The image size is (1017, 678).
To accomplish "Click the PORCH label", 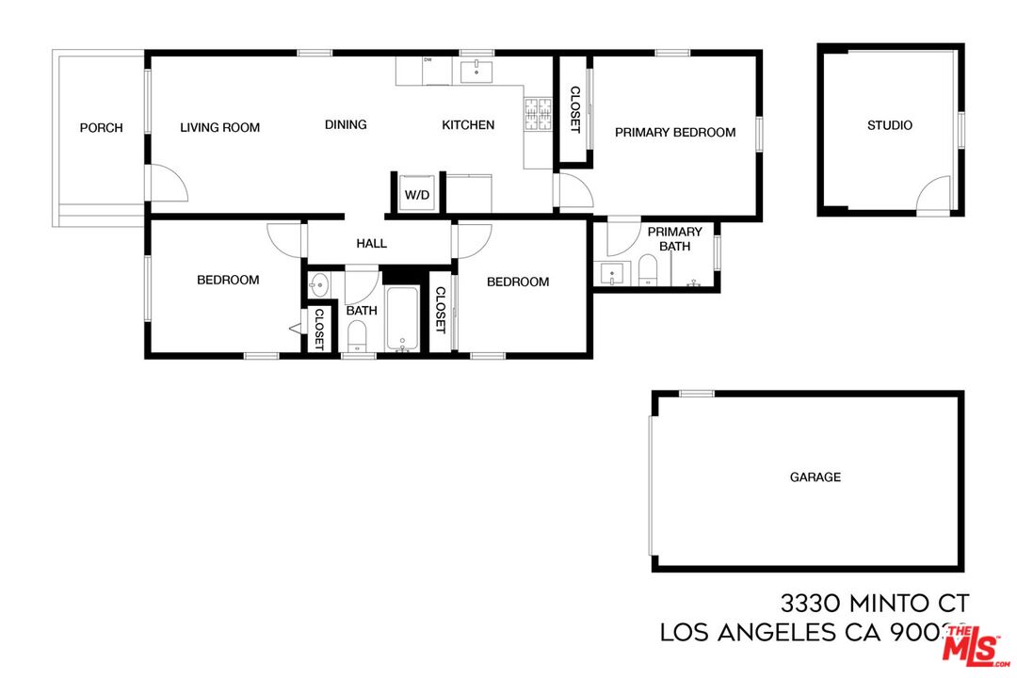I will (x=101, y=128).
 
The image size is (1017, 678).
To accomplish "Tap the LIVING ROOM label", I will (x=219, y=128).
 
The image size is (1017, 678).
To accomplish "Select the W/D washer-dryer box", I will (x=417, y=193).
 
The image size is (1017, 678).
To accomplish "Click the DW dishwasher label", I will (x=428, y=60).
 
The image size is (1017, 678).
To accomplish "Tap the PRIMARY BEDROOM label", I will (x=675, y=133).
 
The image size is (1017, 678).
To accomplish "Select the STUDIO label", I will (x=889, y=125).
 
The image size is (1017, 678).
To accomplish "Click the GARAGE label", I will (x=815, y=477).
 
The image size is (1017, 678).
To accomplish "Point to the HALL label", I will (x=371, y=244).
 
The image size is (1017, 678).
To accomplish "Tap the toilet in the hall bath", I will (x=357, y=334).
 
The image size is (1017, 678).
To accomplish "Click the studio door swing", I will (x=934, y=194).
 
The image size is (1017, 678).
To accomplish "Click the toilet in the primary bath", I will (x=648, y=272).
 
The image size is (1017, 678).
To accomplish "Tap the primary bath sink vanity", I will (x=612, y=274).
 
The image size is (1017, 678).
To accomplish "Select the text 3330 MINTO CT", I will (x=875, y=603).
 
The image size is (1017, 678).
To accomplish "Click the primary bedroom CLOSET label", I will (x=574, y=109).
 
